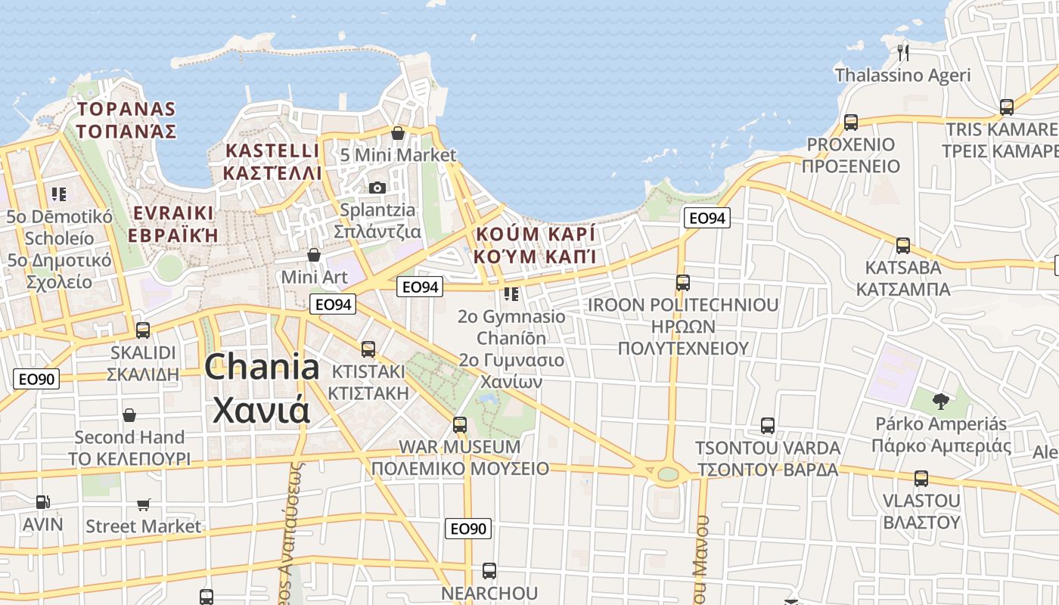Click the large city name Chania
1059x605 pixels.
[x=262, y=368]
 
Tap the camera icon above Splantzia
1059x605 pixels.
[x=377, y=187]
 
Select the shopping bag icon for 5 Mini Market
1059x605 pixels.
[x=398, y=133]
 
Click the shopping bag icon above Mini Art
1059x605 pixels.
[x=314, y=255]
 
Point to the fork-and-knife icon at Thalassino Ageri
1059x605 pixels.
[x=902, y=52]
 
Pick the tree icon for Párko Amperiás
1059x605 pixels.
[x=941, y=401]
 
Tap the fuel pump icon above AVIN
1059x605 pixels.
[x=43, y=501]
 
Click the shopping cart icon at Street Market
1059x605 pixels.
[x=144, y=504]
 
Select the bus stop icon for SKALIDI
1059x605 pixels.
[x=142, y=330]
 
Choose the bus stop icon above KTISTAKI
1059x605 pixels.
[x=368, y=349]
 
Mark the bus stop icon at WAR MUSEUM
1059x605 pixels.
[x=460, y=424]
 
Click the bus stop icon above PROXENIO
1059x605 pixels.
[x=851, y=122]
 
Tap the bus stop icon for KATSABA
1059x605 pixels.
[x=903, y=245]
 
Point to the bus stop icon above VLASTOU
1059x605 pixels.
[x=921, y=478]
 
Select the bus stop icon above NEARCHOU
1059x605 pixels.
[x=489, y=570]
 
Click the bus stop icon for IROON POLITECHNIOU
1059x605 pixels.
[x=683, y=282]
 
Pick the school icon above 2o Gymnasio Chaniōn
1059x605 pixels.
[x=511, y=293]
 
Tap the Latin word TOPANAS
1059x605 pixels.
[x=126, y=109]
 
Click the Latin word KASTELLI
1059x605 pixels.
[x=272, y=150]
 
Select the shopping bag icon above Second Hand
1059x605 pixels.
[x=129, y=415]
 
